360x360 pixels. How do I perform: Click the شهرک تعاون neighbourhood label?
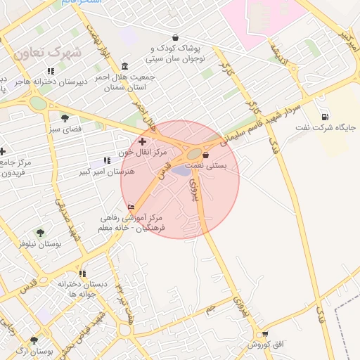click(48, 52)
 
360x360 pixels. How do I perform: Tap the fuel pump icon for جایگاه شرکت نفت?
click(324, 117)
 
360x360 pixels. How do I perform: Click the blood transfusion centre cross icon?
click(143, 141)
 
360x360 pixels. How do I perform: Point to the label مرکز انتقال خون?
click(143, 152)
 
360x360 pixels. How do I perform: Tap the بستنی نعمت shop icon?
click(205, 155)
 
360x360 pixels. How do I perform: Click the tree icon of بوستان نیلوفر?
click(40, 232)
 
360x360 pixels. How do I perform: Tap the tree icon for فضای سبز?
click(65, 118)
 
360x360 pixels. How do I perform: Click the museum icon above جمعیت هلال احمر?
click(125, 66)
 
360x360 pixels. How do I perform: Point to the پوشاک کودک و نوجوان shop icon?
click(175, 38)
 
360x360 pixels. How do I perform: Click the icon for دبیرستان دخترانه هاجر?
click(51, 71)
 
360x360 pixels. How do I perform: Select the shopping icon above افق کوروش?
click(264, 334)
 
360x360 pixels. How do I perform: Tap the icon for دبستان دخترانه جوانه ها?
click(83, 274)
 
